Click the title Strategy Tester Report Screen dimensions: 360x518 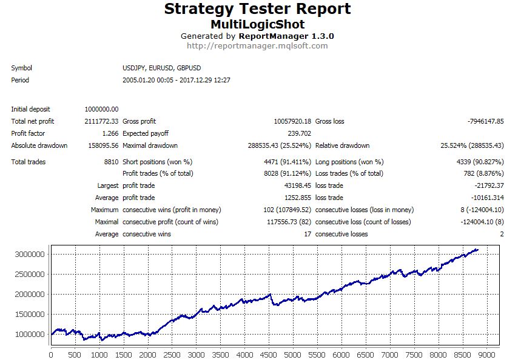point(257,10)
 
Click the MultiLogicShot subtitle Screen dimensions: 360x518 point(257,24)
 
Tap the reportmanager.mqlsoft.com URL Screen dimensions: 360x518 point(257,45)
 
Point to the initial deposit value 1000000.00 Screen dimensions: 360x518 point(101,109)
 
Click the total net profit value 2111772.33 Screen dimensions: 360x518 point(101,121)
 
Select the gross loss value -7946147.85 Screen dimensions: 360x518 point(485,121)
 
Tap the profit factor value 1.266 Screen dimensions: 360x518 point(109,133)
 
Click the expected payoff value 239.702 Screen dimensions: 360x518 point(299,133)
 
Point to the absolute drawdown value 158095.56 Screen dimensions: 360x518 point(103,145)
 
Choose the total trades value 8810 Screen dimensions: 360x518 point(110,162)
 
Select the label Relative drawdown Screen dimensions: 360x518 point(342,145)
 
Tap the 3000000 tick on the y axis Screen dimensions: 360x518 point(30,255)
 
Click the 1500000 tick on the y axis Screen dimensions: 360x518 point(30,314)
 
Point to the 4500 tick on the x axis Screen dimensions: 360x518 point(269,355)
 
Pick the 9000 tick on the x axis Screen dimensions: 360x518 point(487,355)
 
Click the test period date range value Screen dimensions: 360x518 point(176,80)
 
